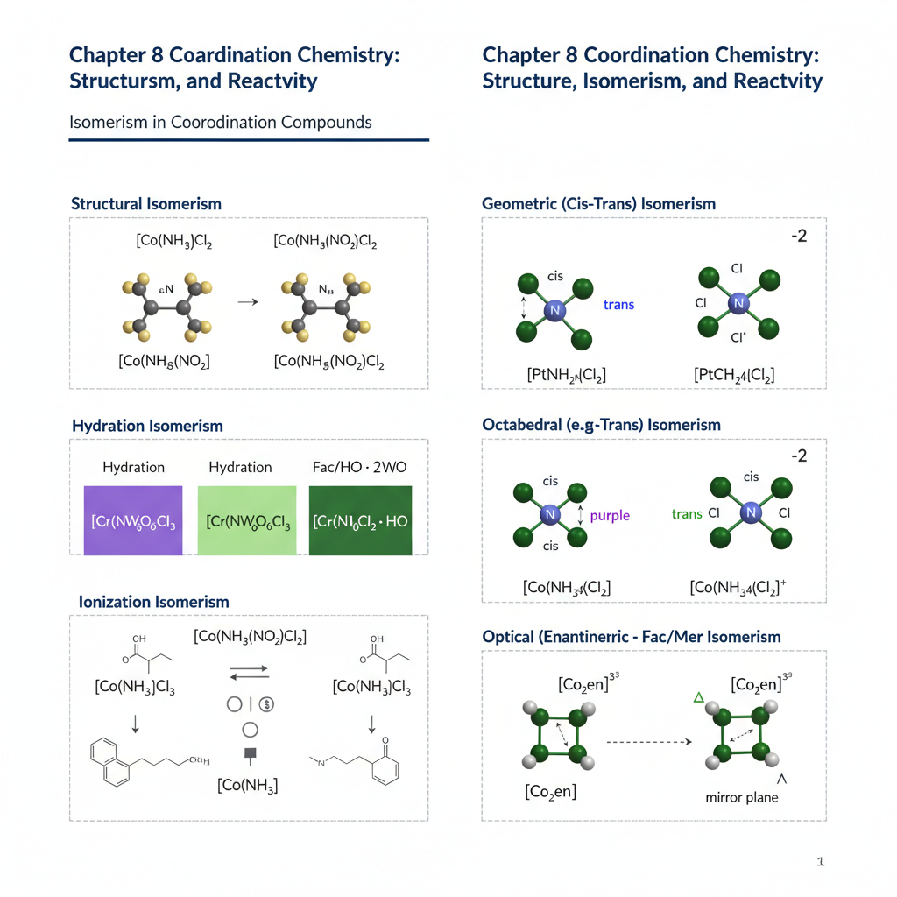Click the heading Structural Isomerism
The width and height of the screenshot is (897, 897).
pyautogui.click(x=145, y=204)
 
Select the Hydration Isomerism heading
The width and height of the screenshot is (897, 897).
pyautogui.click(x=147, y=426)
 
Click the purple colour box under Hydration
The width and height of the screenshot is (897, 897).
pyautogui.click(x=132, y=520)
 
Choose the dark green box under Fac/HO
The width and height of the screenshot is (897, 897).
pyautogui.click(x=359, y=520)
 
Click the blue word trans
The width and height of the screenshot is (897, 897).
pyautogui.click(x=618, y=305)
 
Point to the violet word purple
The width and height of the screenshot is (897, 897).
pyautogui.click(x=610, y=516)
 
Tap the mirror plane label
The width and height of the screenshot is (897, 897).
pyautogui.click(x=741, y=798)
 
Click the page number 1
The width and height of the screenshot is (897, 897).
pyautogui.click(x=820, y=862)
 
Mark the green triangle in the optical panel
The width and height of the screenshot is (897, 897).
pyautogui.click(x=698, y=697)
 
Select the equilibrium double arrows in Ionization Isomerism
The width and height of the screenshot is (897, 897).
pyautogui.click(x=249, y=672)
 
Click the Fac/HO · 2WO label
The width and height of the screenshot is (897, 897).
pyautogui.click(x=359, y=467)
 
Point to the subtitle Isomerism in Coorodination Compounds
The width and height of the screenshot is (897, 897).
pyautogui.click(x=221, y=122)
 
